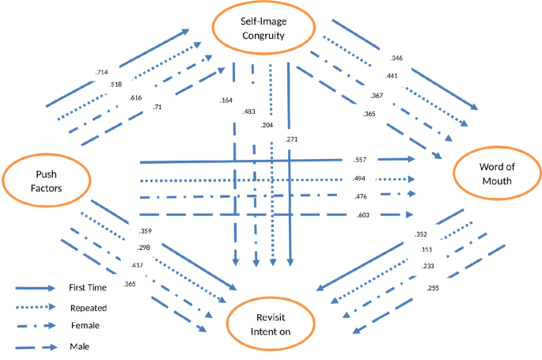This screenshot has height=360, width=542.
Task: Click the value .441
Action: click(390, 76)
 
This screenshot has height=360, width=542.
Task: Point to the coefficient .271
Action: click(291, 140)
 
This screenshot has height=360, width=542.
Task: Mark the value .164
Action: click(226, 100)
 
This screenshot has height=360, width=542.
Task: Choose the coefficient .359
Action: click(145, 232)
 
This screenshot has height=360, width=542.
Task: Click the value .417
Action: click(138, 266)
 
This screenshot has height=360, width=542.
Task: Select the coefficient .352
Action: click(421, 233)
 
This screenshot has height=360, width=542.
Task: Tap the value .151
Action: click(426, 250)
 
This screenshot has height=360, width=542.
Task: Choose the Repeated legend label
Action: click(87, 307)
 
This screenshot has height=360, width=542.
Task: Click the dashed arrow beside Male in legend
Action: click(36, 346)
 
